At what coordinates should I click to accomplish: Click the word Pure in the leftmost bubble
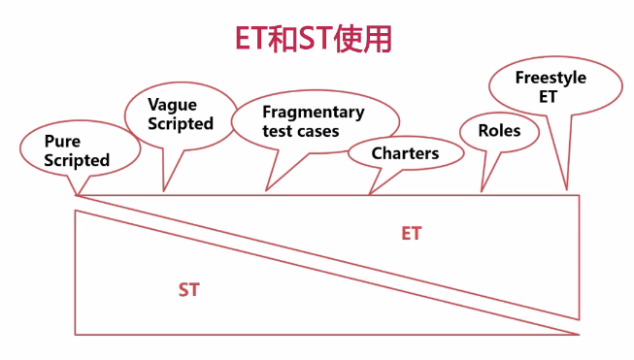62,142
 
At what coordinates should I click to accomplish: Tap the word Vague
172,104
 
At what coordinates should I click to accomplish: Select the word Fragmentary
314,112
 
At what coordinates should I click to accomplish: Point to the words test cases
301,130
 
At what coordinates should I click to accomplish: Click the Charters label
405,153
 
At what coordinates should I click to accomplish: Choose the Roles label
500,130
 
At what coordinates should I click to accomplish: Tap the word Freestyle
551,78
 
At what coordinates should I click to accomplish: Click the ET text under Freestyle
550,97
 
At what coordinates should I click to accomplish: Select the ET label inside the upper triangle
412,234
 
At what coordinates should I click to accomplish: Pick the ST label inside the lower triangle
188,289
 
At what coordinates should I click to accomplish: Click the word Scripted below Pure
77,160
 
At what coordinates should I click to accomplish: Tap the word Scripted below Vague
181,123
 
